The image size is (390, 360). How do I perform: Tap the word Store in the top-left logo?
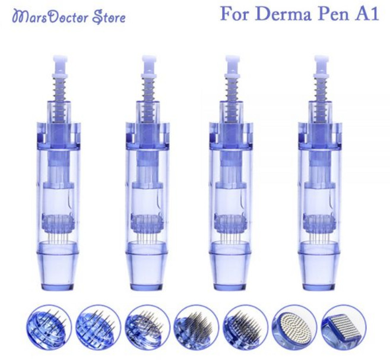(x=109, y=17)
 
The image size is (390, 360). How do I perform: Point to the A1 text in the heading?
(x=367, y=14)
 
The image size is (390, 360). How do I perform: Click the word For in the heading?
(x=237, y=14)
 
